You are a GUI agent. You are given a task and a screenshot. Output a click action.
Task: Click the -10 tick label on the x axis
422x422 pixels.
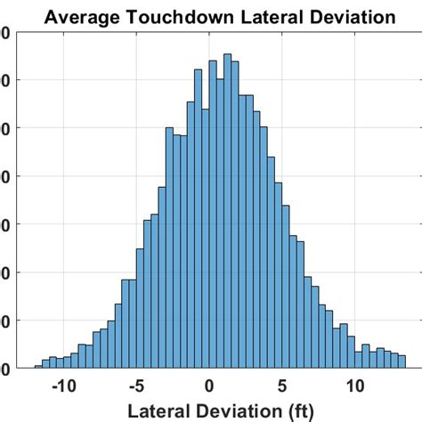pyautogui.click(x=63, y=387)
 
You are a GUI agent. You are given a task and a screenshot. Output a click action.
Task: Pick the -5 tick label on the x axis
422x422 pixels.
pyautogui.click(x=136, y=387)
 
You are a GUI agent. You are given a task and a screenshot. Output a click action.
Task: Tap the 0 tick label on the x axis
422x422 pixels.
pyautogui.click(x=209, y=387)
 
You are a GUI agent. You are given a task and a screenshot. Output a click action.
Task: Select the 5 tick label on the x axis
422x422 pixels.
pyautogui.click(x=282, y=387)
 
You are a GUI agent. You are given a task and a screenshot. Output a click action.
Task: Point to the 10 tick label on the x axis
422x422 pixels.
pyautogui.click(x=355, y=387)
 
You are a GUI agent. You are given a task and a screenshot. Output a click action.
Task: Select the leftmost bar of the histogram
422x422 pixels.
pyautogui.click(x=38, y=366)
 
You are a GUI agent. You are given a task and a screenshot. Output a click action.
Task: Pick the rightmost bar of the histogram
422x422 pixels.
pyautogui.click(x=402, y=361)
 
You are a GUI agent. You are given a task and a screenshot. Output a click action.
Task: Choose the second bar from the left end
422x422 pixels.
pyautogui.click(x=45, y=363)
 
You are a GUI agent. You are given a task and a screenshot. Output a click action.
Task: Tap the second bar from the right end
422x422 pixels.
pyautogui.click(x=394, y=360)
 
